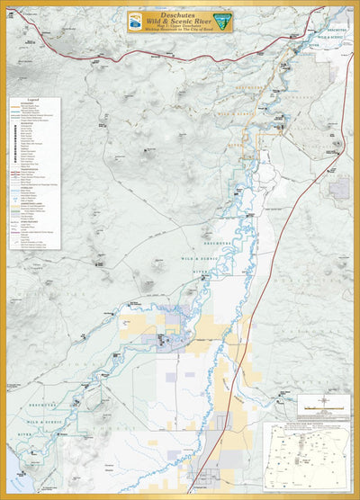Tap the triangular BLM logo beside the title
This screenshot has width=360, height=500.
click(x=221, y=20)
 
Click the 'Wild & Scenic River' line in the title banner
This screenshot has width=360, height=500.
click(x=179, y=20)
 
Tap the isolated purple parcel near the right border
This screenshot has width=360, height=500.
click(x=339, y=188)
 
